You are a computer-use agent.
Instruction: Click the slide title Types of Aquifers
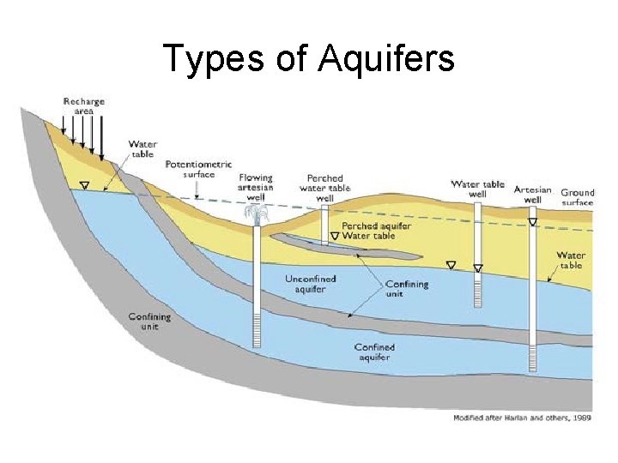click(308, 58)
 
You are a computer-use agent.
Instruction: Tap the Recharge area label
click(84, 106)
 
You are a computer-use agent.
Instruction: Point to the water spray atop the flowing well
click(256, 213)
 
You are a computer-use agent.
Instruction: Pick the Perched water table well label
click(324, 188)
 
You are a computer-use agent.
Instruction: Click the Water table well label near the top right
click(477, 189)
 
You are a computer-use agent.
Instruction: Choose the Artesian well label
click(533, 194)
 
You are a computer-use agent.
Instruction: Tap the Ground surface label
click(577, 197)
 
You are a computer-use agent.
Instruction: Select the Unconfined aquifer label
click(310, 284)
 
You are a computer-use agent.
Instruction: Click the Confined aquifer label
click(375, 352)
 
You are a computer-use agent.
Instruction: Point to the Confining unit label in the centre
click(406, 288)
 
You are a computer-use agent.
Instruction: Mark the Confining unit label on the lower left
click(149, 322)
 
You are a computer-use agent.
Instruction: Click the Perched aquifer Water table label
click(376, 230)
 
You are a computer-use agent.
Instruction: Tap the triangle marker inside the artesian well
click(532, 222)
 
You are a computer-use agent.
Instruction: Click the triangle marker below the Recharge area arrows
click(83, 184)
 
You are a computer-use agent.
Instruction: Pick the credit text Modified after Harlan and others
click(522, 418)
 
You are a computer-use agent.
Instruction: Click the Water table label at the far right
click(571, 260)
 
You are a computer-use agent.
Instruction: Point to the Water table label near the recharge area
click(142, 148)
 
